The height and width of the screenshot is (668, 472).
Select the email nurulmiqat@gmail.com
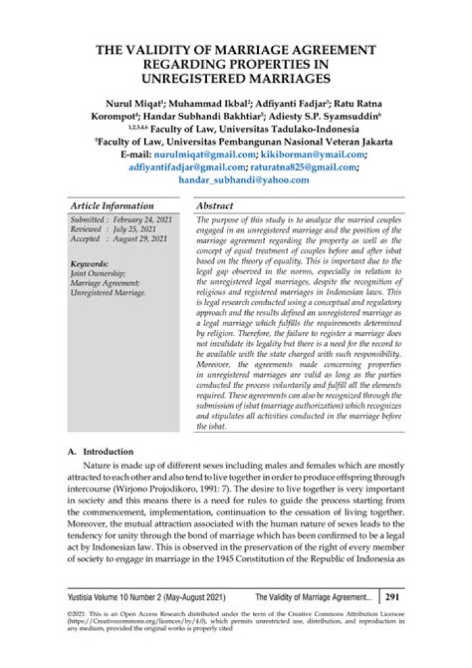point(203,155)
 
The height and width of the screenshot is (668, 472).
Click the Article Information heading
point(111,206)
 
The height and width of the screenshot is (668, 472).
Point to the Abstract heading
point(215,206)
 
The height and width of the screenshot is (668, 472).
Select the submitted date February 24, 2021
point(142,220)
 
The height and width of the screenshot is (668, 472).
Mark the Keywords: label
point(89,264)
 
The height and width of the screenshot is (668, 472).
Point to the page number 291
point(392,597)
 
